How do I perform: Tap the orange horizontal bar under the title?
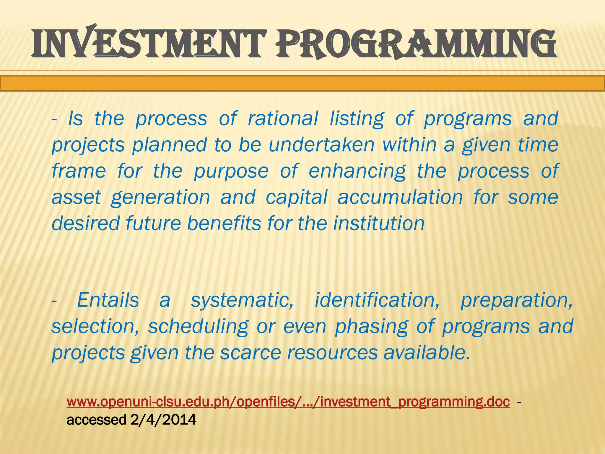click(x=302, y=83)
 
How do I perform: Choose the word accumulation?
click(x=400, y=197)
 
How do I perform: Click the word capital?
click(x=296, y=197)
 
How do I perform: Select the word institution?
click(x=379, y=223)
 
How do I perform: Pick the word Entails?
click(x=108, y=300)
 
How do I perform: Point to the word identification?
click(x=377, y=300)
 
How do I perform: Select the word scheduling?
click(x=198, y=327)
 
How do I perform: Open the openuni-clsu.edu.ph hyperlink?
click(x=288, y=402)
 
